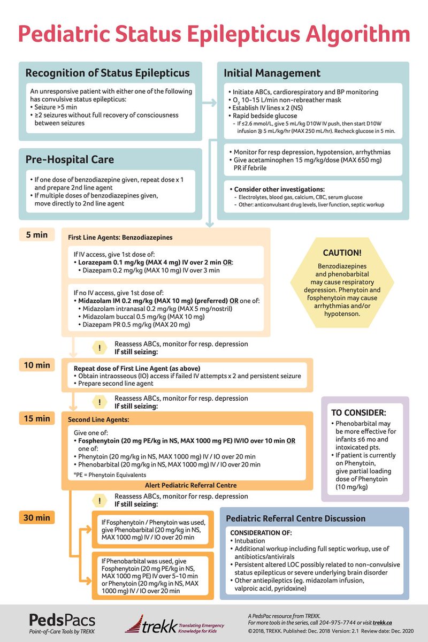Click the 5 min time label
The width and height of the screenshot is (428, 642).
pyautogui.click(x=36, y=234)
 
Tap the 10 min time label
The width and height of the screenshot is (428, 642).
pyautogui.click(x=36, y=365)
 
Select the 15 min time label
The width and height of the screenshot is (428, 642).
pyautogui.click(x=36, y=418)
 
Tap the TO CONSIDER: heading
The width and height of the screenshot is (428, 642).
pyautogui.click(x=359, y=412)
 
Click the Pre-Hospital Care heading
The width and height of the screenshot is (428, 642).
pyautogui.click(x=70, y=159)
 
